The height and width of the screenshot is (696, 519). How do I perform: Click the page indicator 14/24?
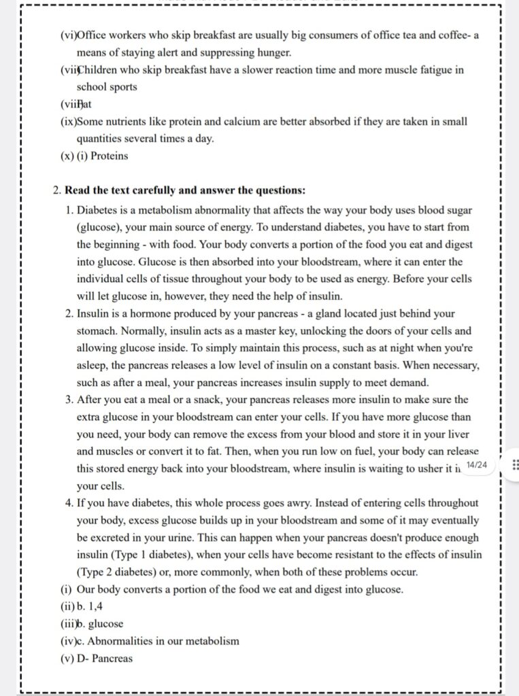coord(477,464)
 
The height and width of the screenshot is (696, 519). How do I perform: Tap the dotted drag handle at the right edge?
coord(514,465)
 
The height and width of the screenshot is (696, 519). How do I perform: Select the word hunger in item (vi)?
coord(273,52)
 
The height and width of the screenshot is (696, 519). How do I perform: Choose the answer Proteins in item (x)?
coord(110,156)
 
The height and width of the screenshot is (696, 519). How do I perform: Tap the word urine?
coord(217,538)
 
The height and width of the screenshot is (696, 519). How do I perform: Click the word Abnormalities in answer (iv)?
coord(122,641)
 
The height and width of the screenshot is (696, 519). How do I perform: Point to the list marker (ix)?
coord(67,122)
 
